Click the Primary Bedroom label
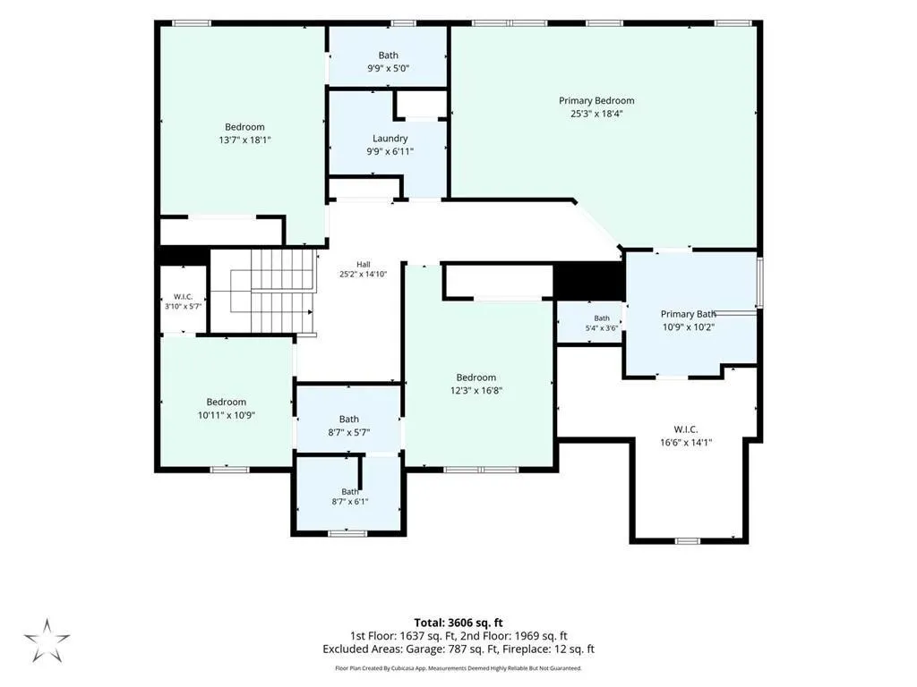click(x=596, y=100)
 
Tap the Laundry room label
click(x=390, y=139)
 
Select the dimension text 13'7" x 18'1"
click(x=245, y=140)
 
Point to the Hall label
click(x=364, y=264)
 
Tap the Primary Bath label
click(x=689, y=314)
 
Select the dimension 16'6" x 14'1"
click(x=686, y=442)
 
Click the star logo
click(x=47, y=640)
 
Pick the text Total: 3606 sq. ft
click(x=458, y=623)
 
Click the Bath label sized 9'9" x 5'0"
click(x=389, y=55)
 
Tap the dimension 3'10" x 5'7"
click(x=183, y=306)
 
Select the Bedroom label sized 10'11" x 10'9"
click(x=227, y=402)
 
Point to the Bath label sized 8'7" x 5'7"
click(x=349, y=419)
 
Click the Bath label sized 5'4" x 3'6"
click(x=602, y=318)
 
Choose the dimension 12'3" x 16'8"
click(x=476, y=390)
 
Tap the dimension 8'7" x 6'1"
click(x=350, y=501)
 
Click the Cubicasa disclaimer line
click(x=458, y=667)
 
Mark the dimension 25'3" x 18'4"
click(x=596, y=114)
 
